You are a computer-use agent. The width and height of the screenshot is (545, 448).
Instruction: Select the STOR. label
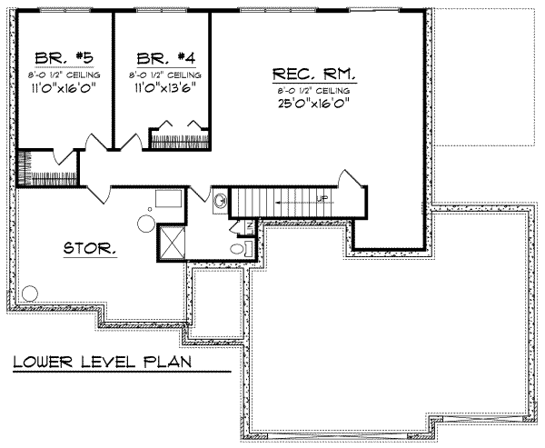[89, 247]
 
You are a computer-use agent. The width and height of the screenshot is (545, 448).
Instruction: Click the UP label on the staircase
[321, 196]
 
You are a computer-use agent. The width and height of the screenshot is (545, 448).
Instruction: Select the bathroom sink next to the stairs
[220, 200]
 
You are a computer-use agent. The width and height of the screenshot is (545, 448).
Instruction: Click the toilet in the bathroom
[237, 248]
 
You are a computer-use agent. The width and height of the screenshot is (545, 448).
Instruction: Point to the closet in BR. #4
[178, 138]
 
